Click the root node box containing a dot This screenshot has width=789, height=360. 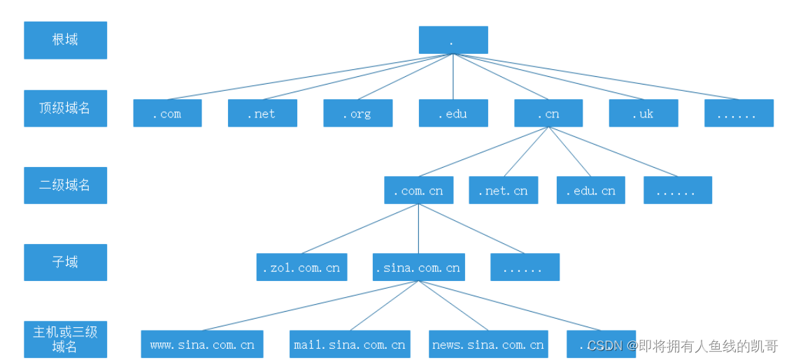[453, 40]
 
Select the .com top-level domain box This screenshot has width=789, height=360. [167, 113]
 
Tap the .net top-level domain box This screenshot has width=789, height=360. [262, 113]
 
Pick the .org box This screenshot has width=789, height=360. [357, 113]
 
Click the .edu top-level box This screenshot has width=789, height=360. [453, 113]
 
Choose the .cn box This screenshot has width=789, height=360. [548, 113]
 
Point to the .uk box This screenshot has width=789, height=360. [644, 113]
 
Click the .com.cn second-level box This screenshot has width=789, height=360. [418, 190]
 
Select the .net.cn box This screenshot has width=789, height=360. [504, 190]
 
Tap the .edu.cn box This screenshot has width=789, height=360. [591, 190]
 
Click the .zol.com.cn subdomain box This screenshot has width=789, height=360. [301, 267]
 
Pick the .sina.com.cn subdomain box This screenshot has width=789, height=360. [418, 267]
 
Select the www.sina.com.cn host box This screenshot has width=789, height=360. [202, 344]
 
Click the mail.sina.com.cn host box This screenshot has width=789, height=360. [349, 344]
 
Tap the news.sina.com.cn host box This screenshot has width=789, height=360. [488, 344]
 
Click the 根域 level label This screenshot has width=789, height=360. [65, 40]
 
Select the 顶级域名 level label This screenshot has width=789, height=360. [65, 108]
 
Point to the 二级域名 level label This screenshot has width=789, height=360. [65, 185]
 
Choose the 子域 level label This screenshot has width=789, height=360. [65, 262]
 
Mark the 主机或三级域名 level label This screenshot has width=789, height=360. [65, 338]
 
